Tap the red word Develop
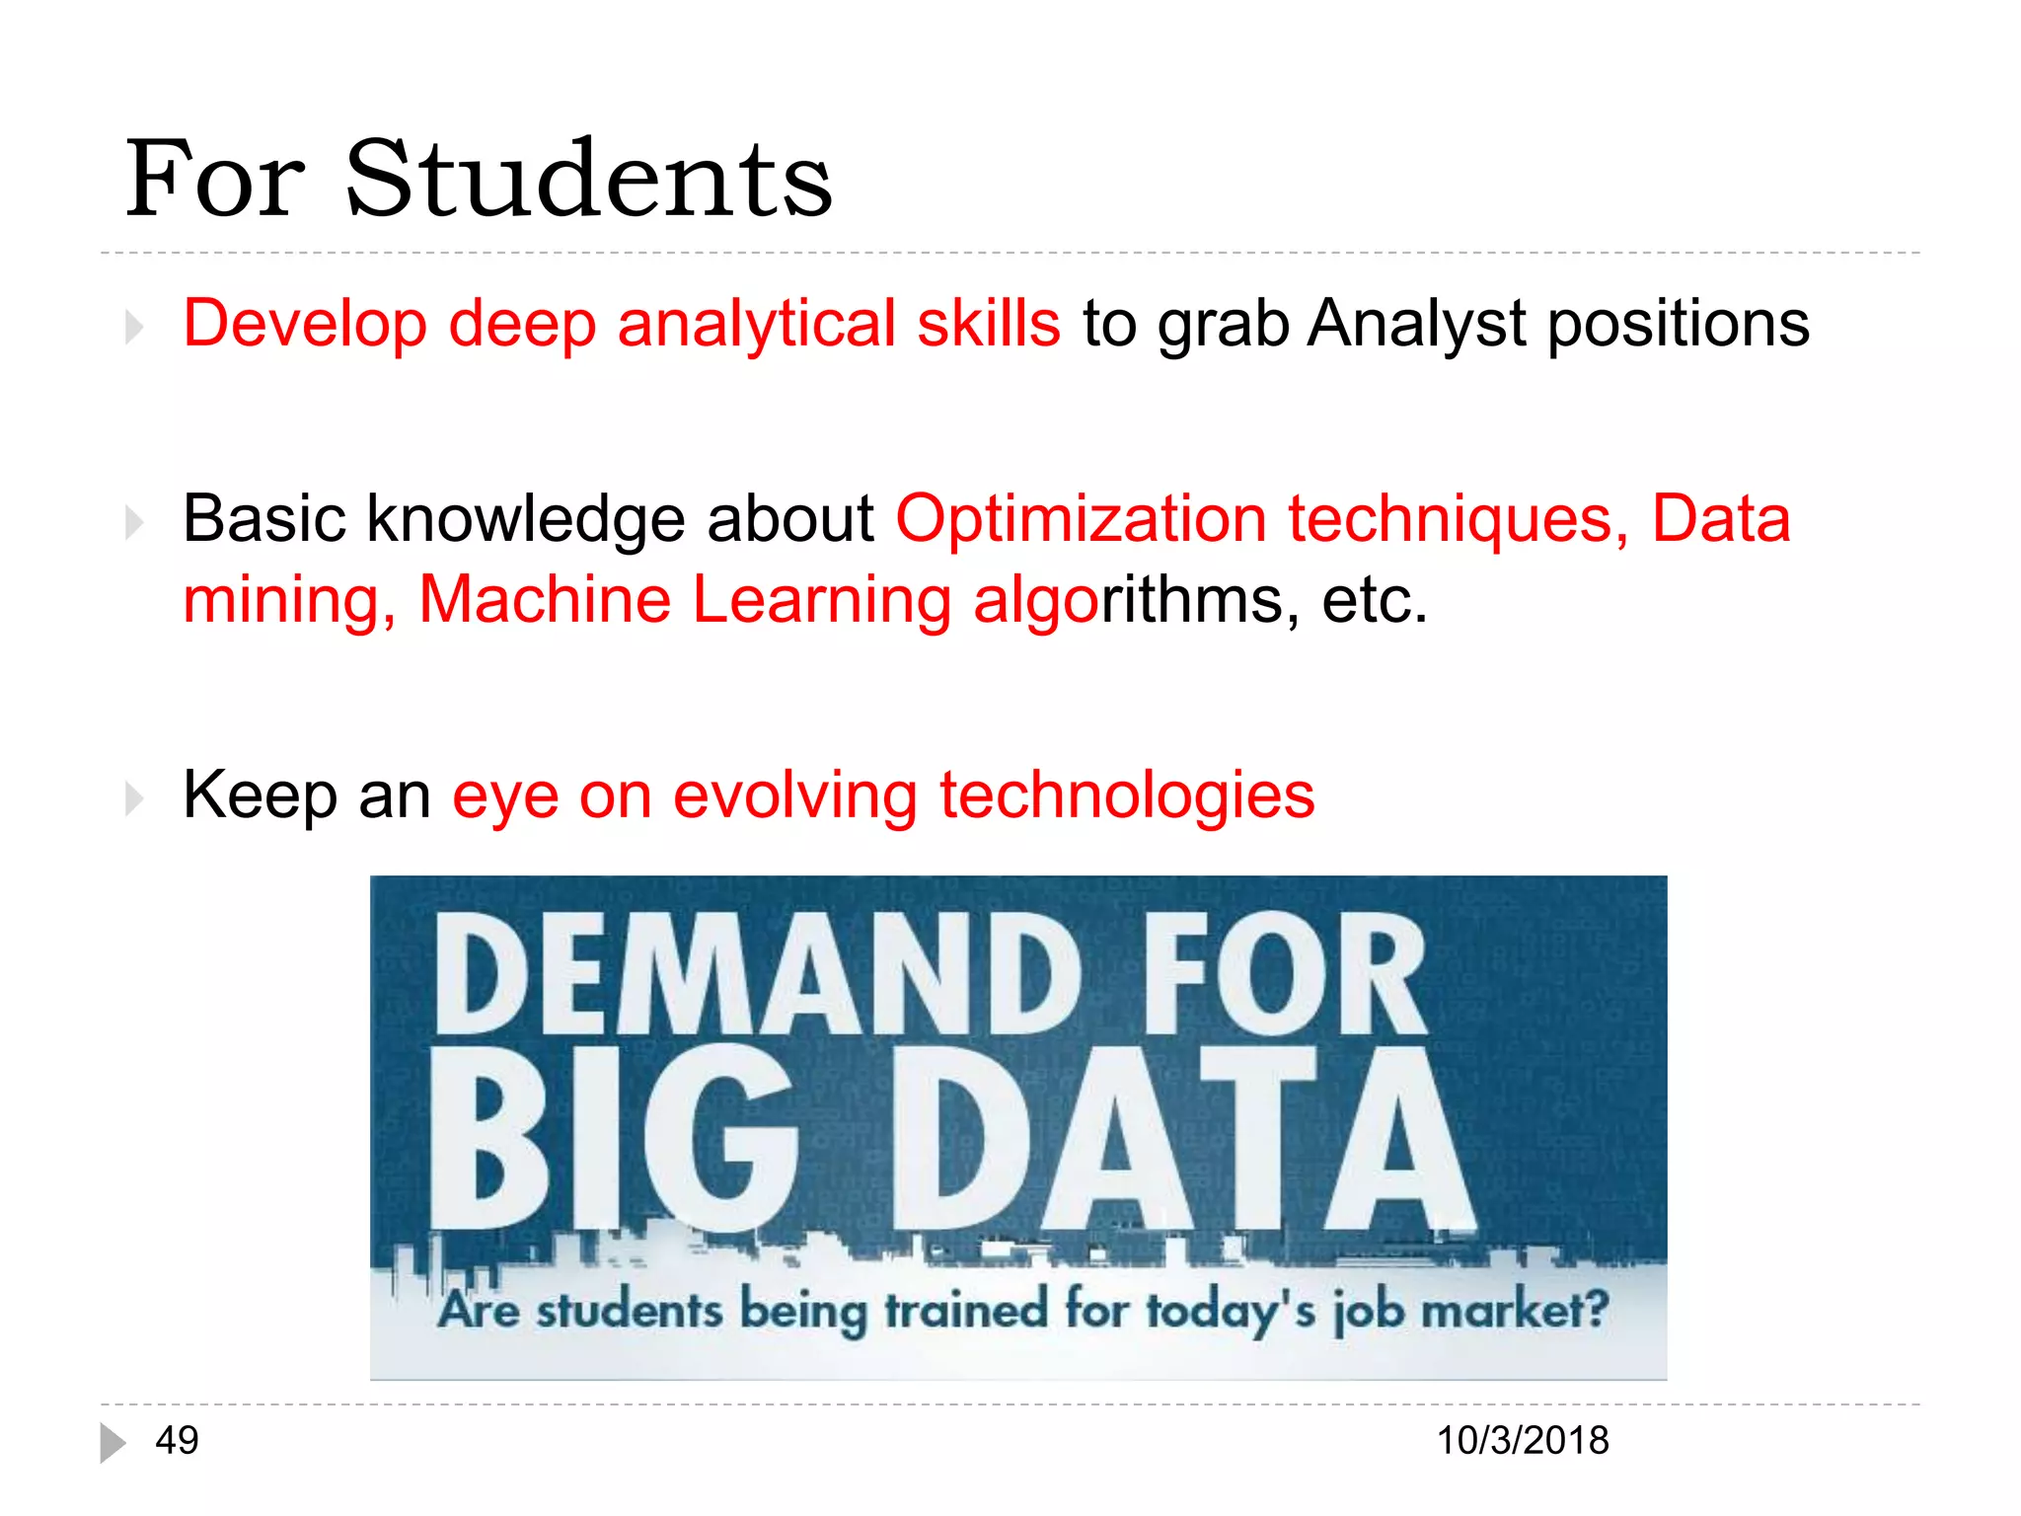305,324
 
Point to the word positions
1678,324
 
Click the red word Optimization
1081,519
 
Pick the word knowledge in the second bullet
525,519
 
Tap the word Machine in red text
545,599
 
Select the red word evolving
795,796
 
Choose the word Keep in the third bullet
260,796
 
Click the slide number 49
178,1441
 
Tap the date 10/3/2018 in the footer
1523,1441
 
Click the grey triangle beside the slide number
112,1443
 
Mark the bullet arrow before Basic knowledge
135,522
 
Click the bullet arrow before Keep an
135,797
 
